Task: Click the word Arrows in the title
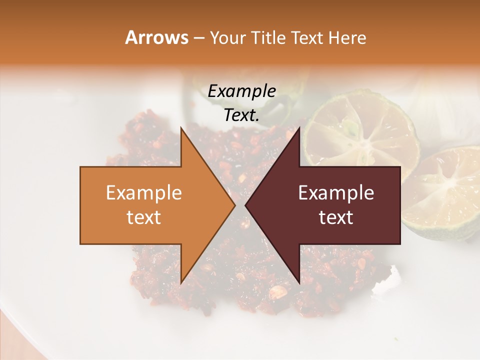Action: (x=156, y=37)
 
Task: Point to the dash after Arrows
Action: (x=198, y=38)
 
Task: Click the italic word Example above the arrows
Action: (x=242, y=91)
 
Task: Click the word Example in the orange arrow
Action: (x=144, y=193)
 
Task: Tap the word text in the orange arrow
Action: (x=144, y=217)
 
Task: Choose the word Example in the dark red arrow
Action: (x=336, y=193)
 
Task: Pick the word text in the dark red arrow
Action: (x=336, y=217)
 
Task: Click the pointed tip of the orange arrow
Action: (x=234, y=205)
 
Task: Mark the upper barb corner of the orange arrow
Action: (x=181, y=127)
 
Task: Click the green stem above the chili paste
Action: (x=280, y=107)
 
